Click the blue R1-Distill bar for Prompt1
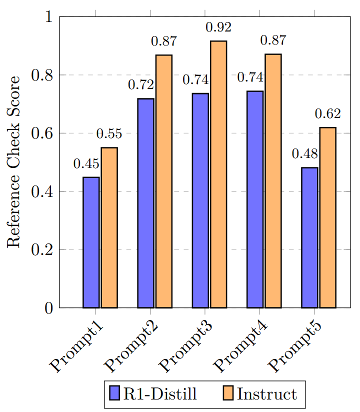coord(91,242)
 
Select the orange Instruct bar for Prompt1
coord(109,227)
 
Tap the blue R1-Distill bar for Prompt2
coord(145,203)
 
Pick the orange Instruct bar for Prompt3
coord(218,174)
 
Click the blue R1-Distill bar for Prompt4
coord(255,199)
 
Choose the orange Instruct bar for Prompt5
coord(327,217)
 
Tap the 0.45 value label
coord(86,164)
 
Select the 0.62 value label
coord(327,114)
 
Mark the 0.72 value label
coord(141,85)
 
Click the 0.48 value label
coord(305,154)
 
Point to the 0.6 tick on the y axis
coord(41,133)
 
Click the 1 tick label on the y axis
coord(48,17)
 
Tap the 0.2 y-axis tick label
coord(41,249)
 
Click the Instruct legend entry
coord(260,394)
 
